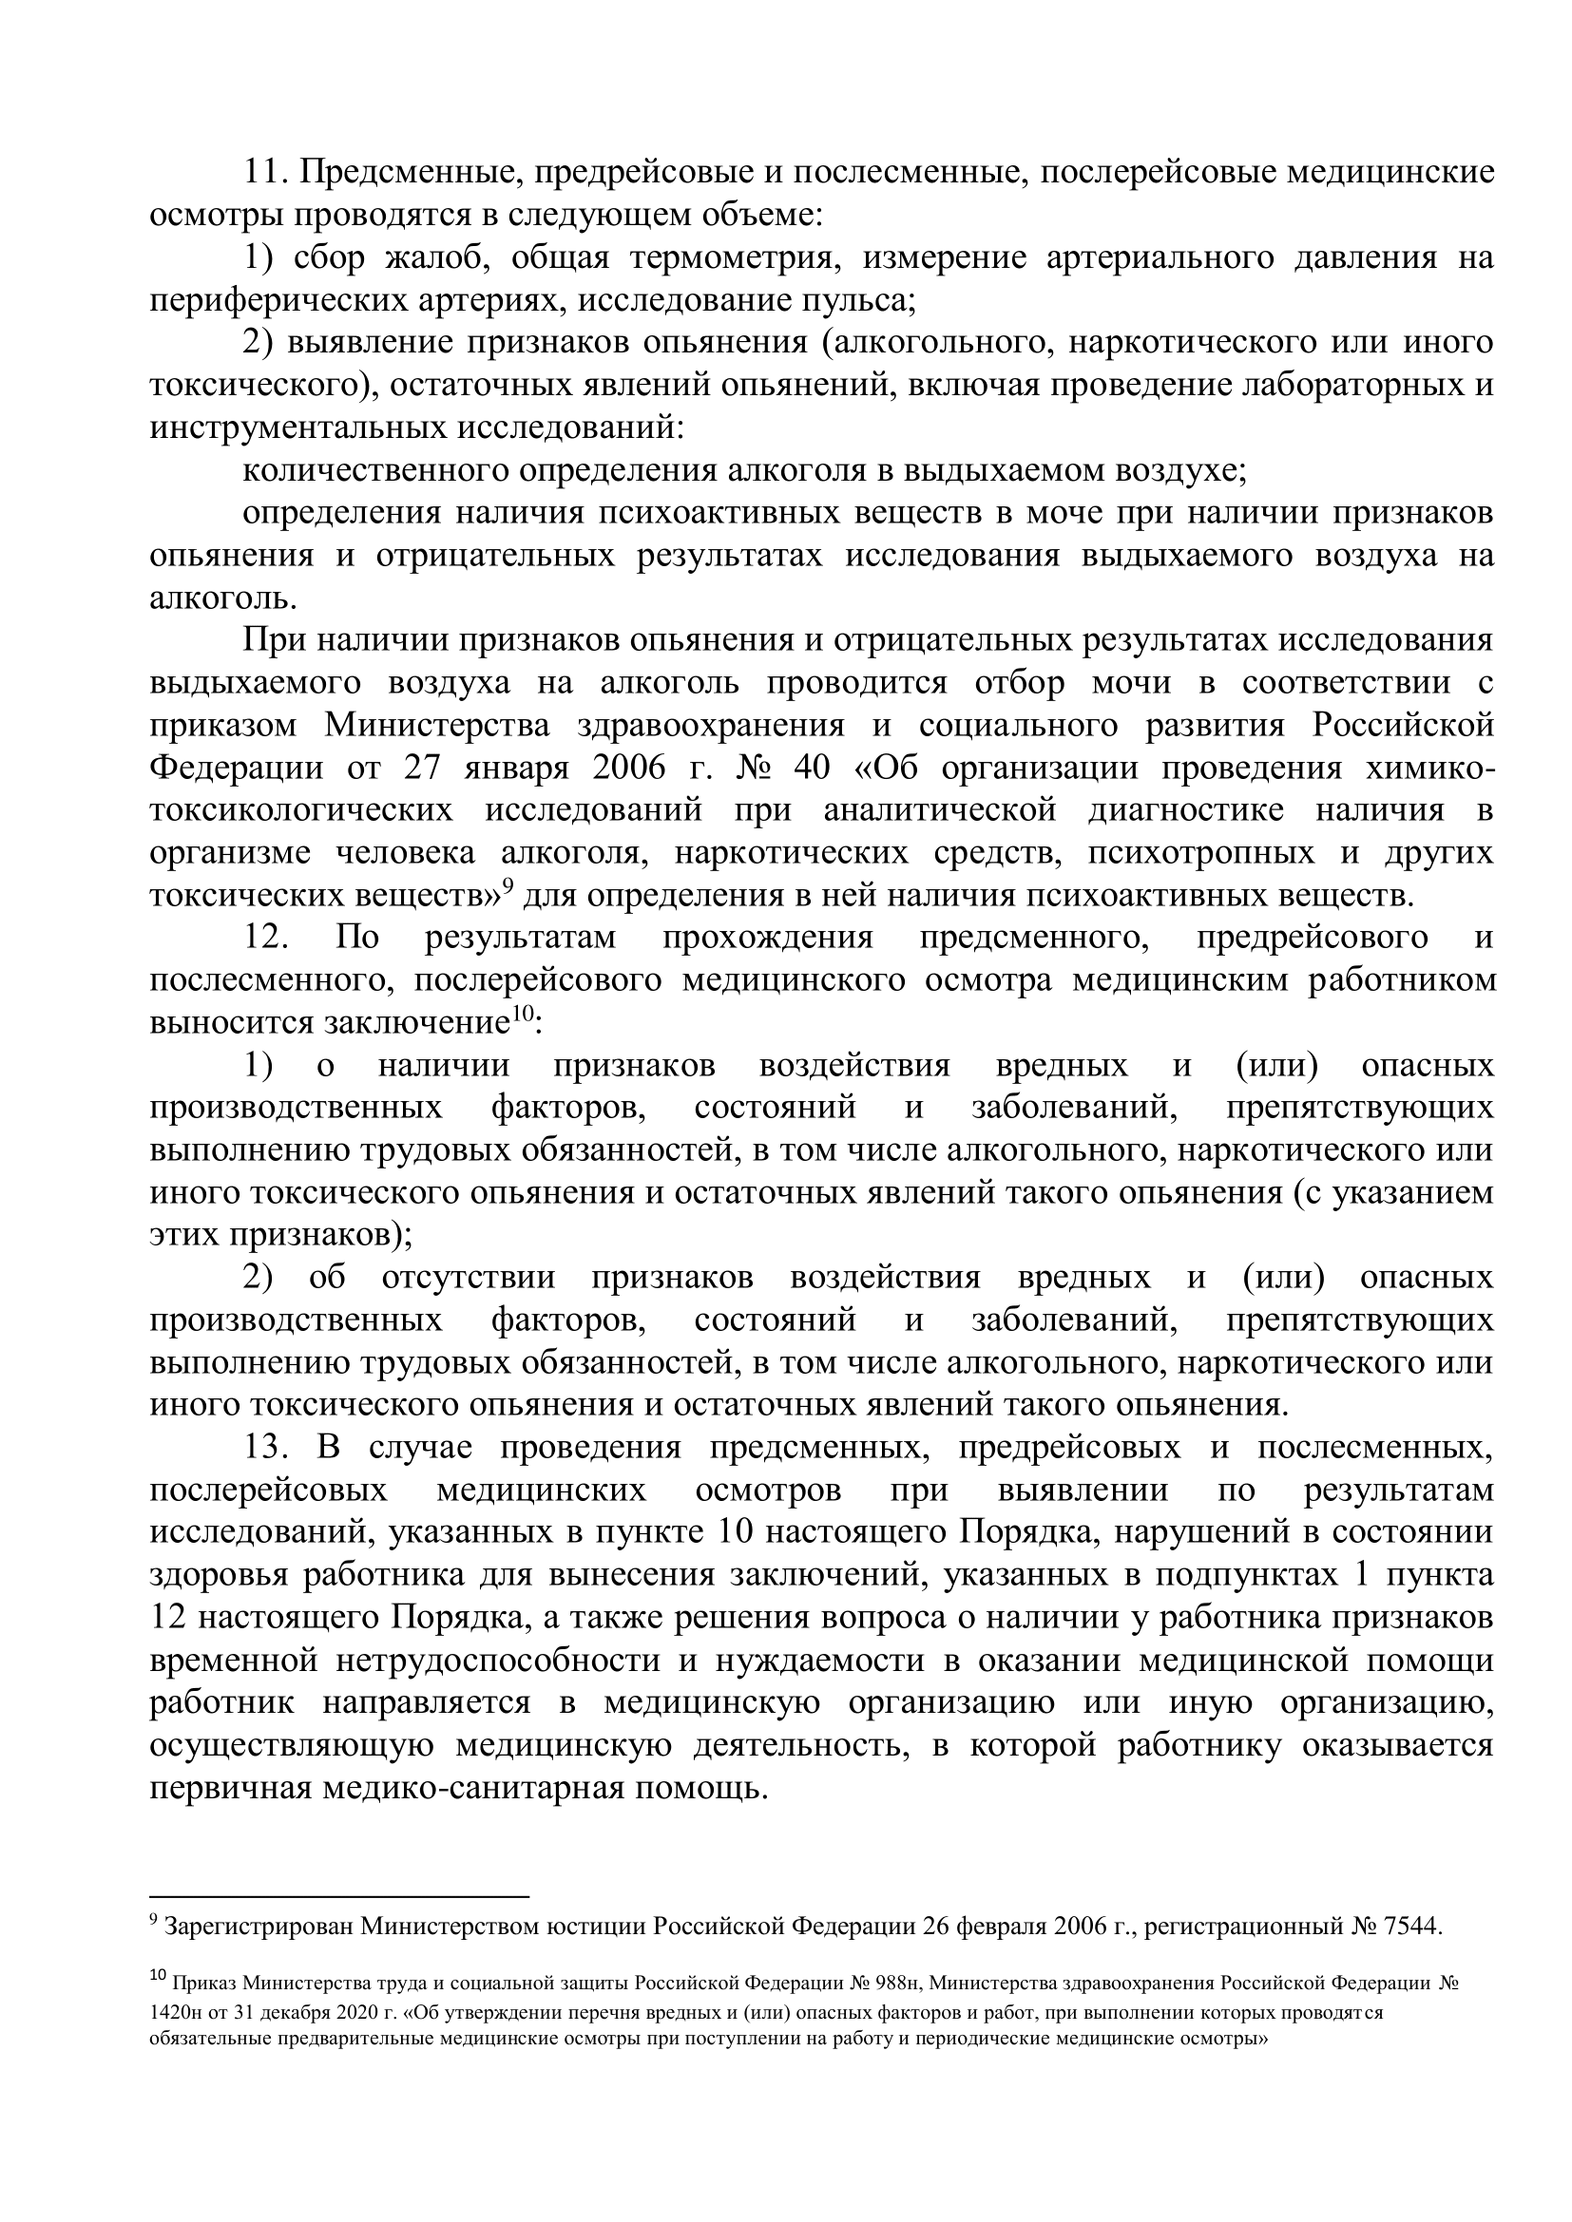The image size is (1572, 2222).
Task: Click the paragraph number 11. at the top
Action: click(x=266, y=173)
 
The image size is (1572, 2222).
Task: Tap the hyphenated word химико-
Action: click(x=1428, y=769)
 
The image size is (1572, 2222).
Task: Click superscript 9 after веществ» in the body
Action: click(x=506, y=885)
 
